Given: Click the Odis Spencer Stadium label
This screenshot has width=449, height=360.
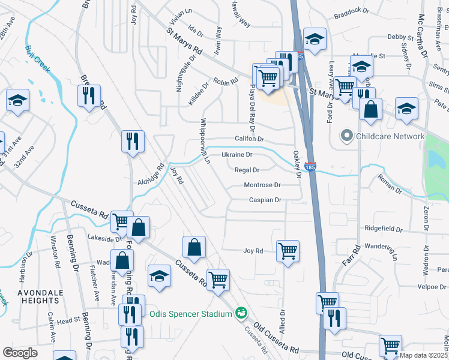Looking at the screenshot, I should pos(190,314).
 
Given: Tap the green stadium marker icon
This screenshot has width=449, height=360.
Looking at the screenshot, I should pos(241,313).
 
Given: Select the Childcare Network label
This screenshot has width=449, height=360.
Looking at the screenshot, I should pos(390,136).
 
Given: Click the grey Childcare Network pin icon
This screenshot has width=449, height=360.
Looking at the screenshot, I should pos(346,136).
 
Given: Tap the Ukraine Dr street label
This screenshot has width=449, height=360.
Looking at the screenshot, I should pos(237,155).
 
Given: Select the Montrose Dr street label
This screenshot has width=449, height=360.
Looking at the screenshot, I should pos(262,185).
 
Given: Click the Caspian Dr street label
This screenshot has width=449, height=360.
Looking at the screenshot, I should pos(265,200).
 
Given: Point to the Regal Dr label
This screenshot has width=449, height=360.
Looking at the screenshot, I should pos(246,170).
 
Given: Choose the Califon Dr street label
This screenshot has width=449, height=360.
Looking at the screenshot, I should pos(250,139).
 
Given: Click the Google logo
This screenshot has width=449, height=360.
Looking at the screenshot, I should pos(20,353).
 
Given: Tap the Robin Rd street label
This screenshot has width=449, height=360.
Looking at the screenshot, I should pos(226,80).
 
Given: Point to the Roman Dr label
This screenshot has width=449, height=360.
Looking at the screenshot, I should pos(390,184).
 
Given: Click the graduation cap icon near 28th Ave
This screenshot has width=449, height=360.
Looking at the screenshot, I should pos(18,100).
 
